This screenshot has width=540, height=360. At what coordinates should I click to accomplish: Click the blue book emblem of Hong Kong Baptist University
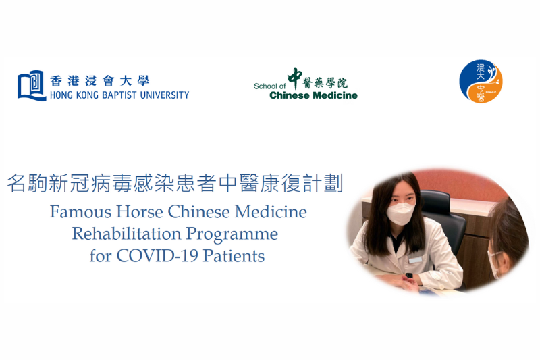click(32, 85)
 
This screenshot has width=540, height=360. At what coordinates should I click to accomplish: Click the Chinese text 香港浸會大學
click(99, 81)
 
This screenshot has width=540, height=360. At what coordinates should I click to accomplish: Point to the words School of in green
click(269, 86)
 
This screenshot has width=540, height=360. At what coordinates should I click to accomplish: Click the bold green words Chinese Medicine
click(313, 95)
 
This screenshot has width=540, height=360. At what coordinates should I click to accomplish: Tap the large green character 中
click(295, 78)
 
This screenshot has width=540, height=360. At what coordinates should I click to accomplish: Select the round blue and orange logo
click(481, 81)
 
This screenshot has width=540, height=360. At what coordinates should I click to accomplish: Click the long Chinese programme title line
click(175, 183)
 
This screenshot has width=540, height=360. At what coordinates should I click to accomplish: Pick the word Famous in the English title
click(80, 211)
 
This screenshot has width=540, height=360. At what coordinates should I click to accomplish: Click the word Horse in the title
click(140, 211)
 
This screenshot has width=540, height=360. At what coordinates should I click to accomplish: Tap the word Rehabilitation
click(126, 234)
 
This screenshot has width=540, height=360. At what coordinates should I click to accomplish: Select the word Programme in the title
click(232, 235)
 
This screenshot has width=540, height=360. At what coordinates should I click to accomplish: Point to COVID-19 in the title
click(157, 256)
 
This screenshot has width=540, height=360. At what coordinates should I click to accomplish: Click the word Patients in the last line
click(234, 256)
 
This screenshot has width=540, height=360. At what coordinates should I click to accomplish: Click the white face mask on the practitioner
click(400, 213)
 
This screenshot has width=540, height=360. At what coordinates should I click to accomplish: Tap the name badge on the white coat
click(415, 260)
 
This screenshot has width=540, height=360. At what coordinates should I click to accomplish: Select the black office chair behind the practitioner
click(443, 220)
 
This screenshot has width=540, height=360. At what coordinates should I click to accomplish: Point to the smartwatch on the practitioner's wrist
click(409, 276)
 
